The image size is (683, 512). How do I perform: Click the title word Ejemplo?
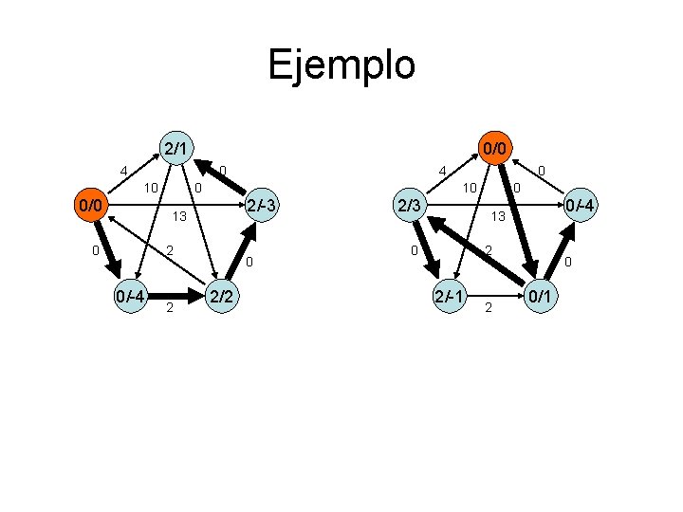point(341,65)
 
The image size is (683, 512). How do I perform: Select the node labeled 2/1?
point(174,148)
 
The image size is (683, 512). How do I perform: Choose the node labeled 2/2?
point(222,298)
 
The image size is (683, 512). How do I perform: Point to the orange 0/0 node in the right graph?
point(493,148)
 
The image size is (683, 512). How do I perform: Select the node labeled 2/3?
point(411,207)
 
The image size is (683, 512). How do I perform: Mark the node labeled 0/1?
point(542,298)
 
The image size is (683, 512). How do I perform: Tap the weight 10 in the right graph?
point(469,188)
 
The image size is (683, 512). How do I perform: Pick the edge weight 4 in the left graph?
point(123,172)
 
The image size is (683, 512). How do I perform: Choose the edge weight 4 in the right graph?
point(441,172)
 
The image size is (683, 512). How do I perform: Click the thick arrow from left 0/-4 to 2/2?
point(175,297)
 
